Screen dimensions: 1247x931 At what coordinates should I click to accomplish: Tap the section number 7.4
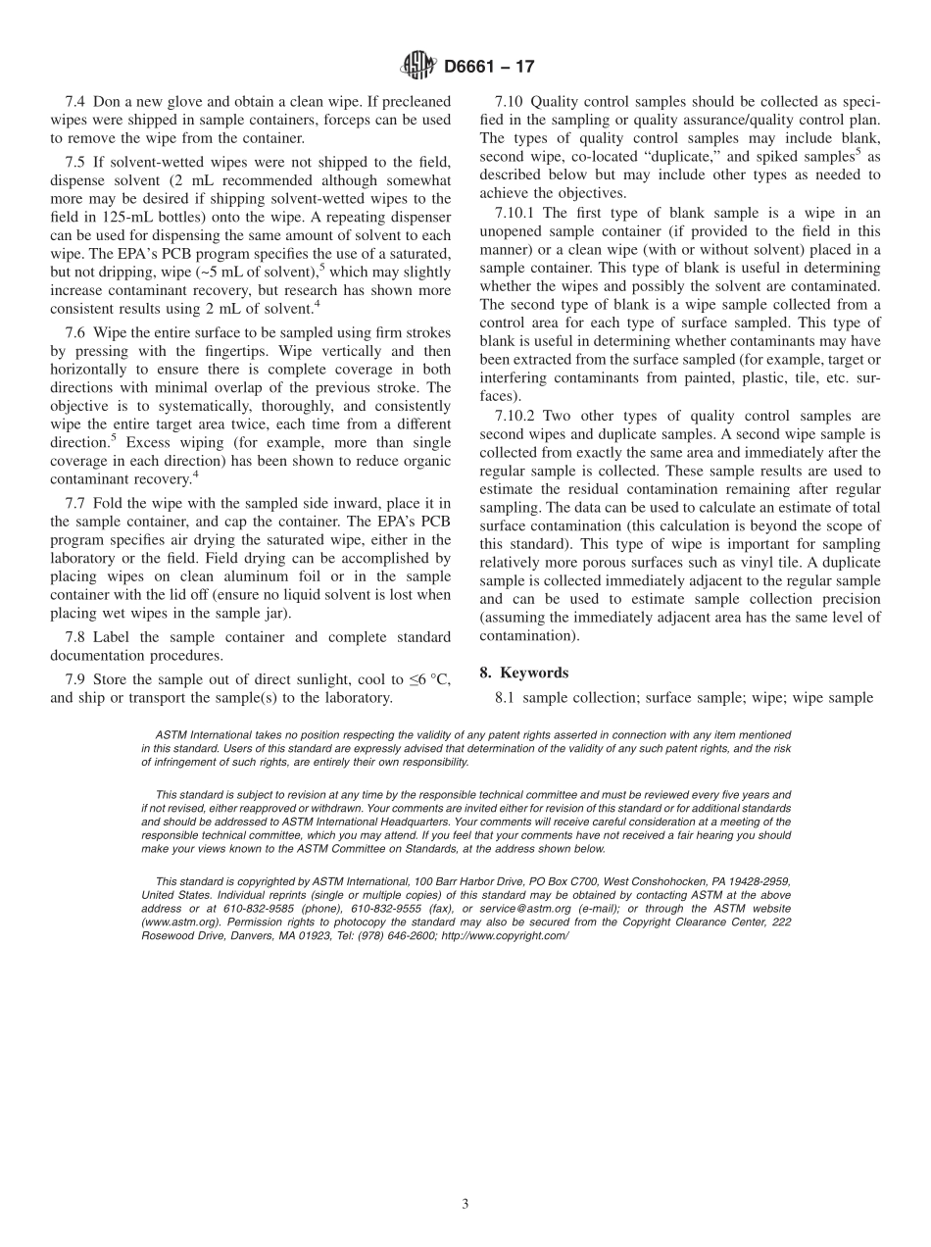(x=75, y=102)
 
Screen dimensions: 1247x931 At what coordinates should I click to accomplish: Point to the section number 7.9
(x=75, y=680)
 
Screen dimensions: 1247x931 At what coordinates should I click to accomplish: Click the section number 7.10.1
(x=514, y=213)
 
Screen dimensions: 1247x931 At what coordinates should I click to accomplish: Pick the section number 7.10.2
(x=514, y=416)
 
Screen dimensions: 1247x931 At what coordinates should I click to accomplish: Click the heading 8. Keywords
(x=523, y=673)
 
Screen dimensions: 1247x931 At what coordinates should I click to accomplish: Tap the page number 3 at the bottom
(x=465, y=1204)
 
